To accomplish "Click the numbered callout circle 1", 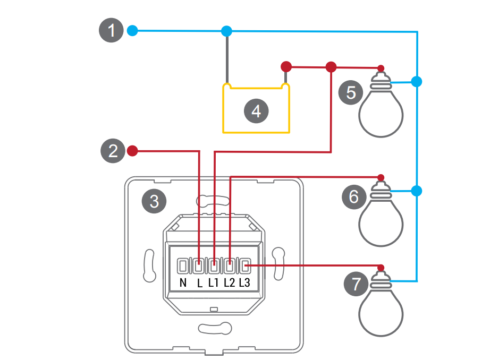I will click(112, 31).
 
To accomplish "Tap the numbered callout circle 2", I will click(113, 151).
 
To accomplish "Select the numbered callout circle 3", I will click(154, 201).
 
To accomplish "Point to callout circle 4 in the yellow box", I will click(256, 112).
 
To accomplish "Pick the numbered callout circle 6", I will click(354, 198).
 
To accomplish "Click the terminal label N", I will click(183, 283).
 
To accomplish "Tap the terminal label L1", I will click(214, 283).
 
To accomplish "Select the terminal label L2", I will click(230, 283).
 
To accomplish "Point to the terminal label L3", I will click(244, 283).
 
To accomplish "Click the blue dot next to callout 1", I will click(132, 31).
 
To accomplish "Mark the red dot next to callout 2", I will click(133, 151).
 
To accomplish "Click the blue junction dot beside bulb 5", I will click(417, 82).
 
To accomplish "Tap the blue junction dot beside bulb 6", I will click(417, 190).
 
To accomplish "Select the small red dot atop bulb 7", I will click(381, 267).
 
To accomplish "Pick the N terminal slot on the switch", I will click(183, 265).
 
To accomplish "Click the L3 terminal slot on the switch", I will click(245, 265).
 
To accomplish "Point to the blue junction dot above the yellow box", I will click(227, 31).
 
